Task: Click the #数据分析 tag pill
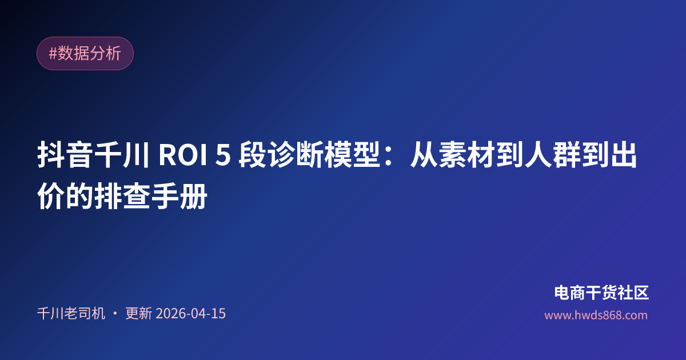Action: pos(85,54)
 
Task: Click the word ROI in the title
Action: pos(180,157)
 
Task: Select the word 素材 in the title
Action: pos(467,157)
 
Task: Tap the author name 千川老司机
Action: pos(71,314)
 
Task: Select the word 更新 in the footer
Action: pos(138,314)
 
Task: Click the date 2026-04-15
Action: pos(190,314)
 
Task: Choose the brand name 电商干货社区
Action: pos(601,293)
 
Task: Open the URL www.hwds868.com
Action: pos(596,315)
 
